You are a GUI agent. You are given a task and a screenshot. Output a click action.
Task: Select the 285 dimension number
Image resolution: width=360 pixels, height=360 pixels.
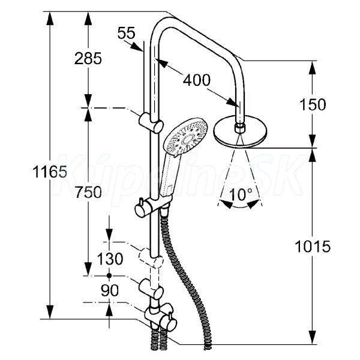point(88,58)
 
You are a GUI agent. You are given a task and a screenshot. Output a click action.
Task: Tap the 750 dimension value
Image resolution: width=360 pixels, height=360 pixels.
point(88,192)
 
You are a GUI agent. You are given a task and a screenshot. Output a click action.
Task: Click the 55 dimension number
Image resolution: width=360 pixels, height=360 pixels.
point(126,33)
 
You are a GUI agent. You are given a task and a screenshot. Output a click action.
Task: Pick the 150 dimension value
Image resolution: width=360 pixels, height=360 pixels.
point(313,104)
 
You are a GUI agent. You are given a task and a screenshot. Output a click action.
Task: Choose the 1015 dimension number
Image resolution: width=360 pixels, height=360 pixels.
point(313,247)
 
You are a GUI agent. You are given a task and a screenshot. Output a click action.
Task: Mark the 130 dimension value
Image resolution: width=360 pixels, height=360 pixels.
point(109,259)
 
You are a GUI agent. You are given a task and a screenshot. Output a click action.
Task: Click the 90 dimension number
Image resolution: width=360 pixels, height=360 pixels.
point(109,290)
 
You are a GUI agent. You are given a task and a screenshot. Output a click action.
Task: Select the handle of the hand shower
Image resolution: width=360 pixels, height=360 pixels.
point(170,177)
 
